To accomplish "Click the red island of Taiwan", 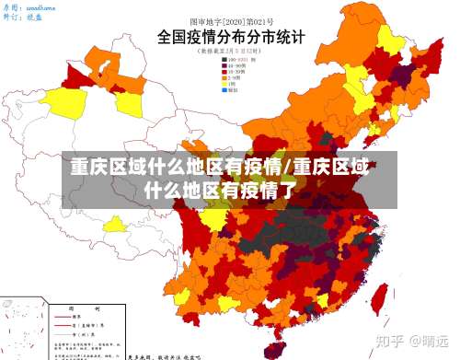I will click(376, 296).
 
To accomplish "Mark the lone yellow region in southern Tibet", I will click(116, 224).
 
